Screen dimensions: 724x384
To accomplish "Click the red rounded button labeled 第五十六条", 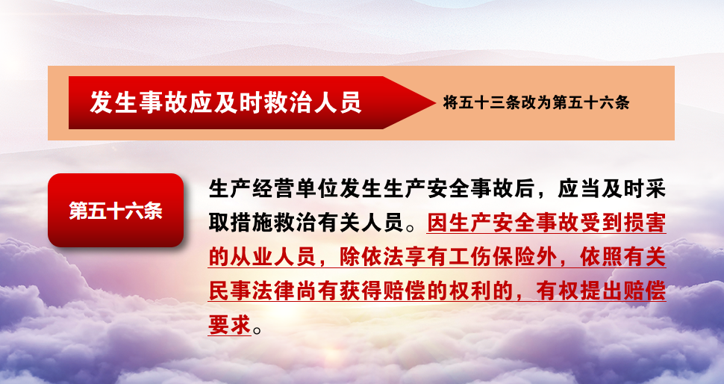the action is [116, 210].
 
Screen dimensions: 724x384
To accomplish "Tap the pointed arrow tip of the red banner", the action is [435, 102].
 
